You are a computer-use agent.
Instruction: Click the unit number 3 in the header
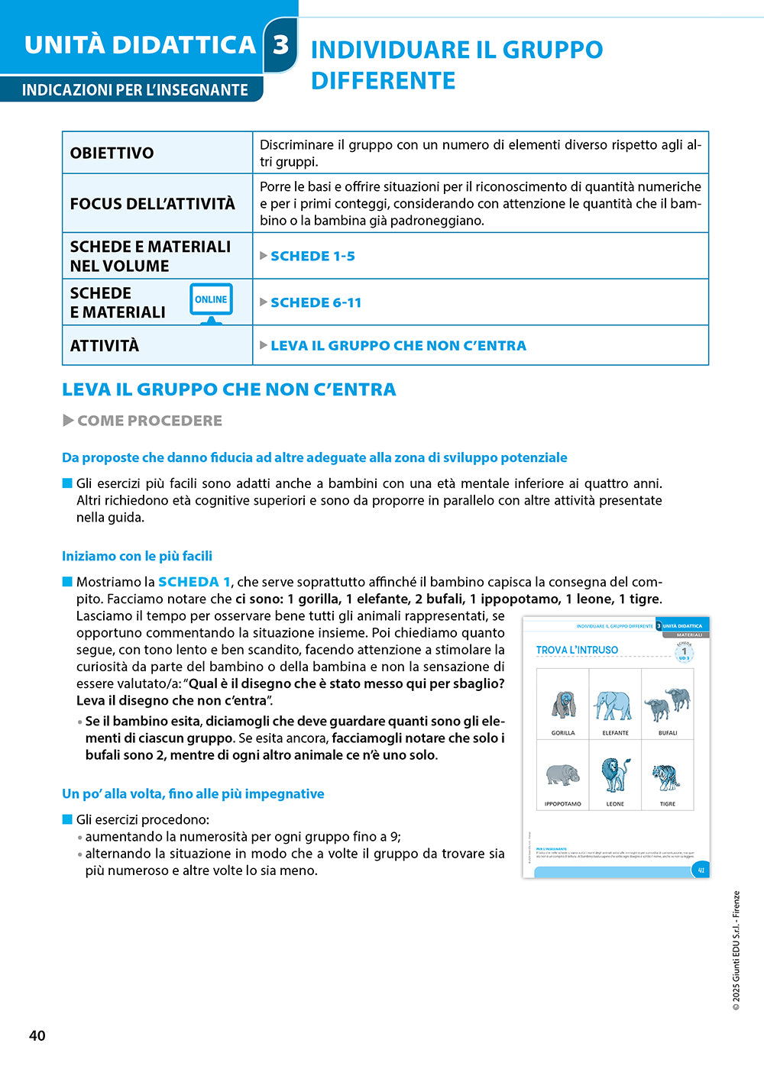point(281,44)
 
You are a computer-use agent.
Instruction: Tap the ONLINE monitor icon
point(211,302)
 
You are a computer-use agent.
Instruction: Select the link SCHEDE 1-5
point(312,256)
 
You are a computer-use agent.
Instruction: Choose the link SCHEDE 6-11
point(316,302)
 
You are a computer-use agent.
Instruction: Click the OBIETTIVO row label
point(112,153)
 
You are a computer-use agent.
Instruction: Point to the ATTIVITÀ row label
point(105,346)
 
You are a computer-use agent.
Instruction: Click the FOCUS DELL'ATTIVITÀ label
point(152,204)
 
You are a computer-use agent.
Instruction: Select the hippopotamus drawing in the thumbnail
point(563,775)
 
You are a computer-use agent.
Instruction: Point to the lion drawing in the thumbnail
point(615,775)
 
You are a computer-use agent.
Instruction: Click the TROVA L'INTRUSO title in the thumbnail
point(577,650)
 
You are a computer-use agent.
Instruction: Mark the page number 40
point(37,1035)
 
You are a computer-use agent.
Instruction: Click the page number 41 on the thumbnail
point(701,870)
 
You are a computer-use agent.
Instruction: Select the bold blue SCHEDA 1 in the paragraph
point(194,582)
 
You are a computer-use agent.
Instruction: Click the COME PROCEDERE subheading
point(149,421)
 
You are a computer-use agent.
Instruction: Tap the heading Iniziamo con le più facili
point(137,556)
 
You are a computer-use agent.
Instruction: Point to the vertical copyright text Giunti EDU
point(736,951)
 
